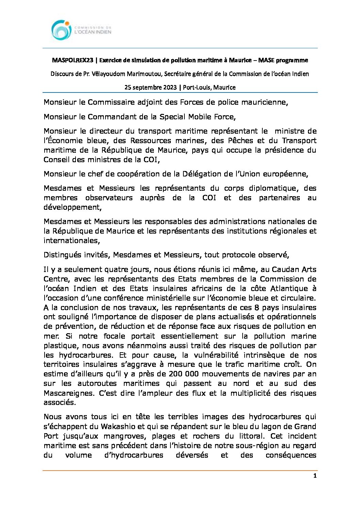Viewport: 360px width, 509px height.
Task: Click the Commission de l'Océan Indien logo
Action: coord(81,30)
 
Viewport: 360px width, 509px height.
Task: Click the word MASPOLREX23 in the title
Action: coord(72,60)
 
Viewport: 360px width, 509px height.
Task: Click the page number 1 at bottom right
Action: coord(315,476)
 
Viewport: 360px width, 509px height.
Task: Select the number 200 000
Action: coord(186,374)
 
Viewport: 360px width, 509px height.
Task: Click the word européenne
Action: coord(287,174)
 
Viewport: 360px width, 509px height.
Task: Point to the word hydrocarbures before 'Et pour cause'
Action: coord(86,355)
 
